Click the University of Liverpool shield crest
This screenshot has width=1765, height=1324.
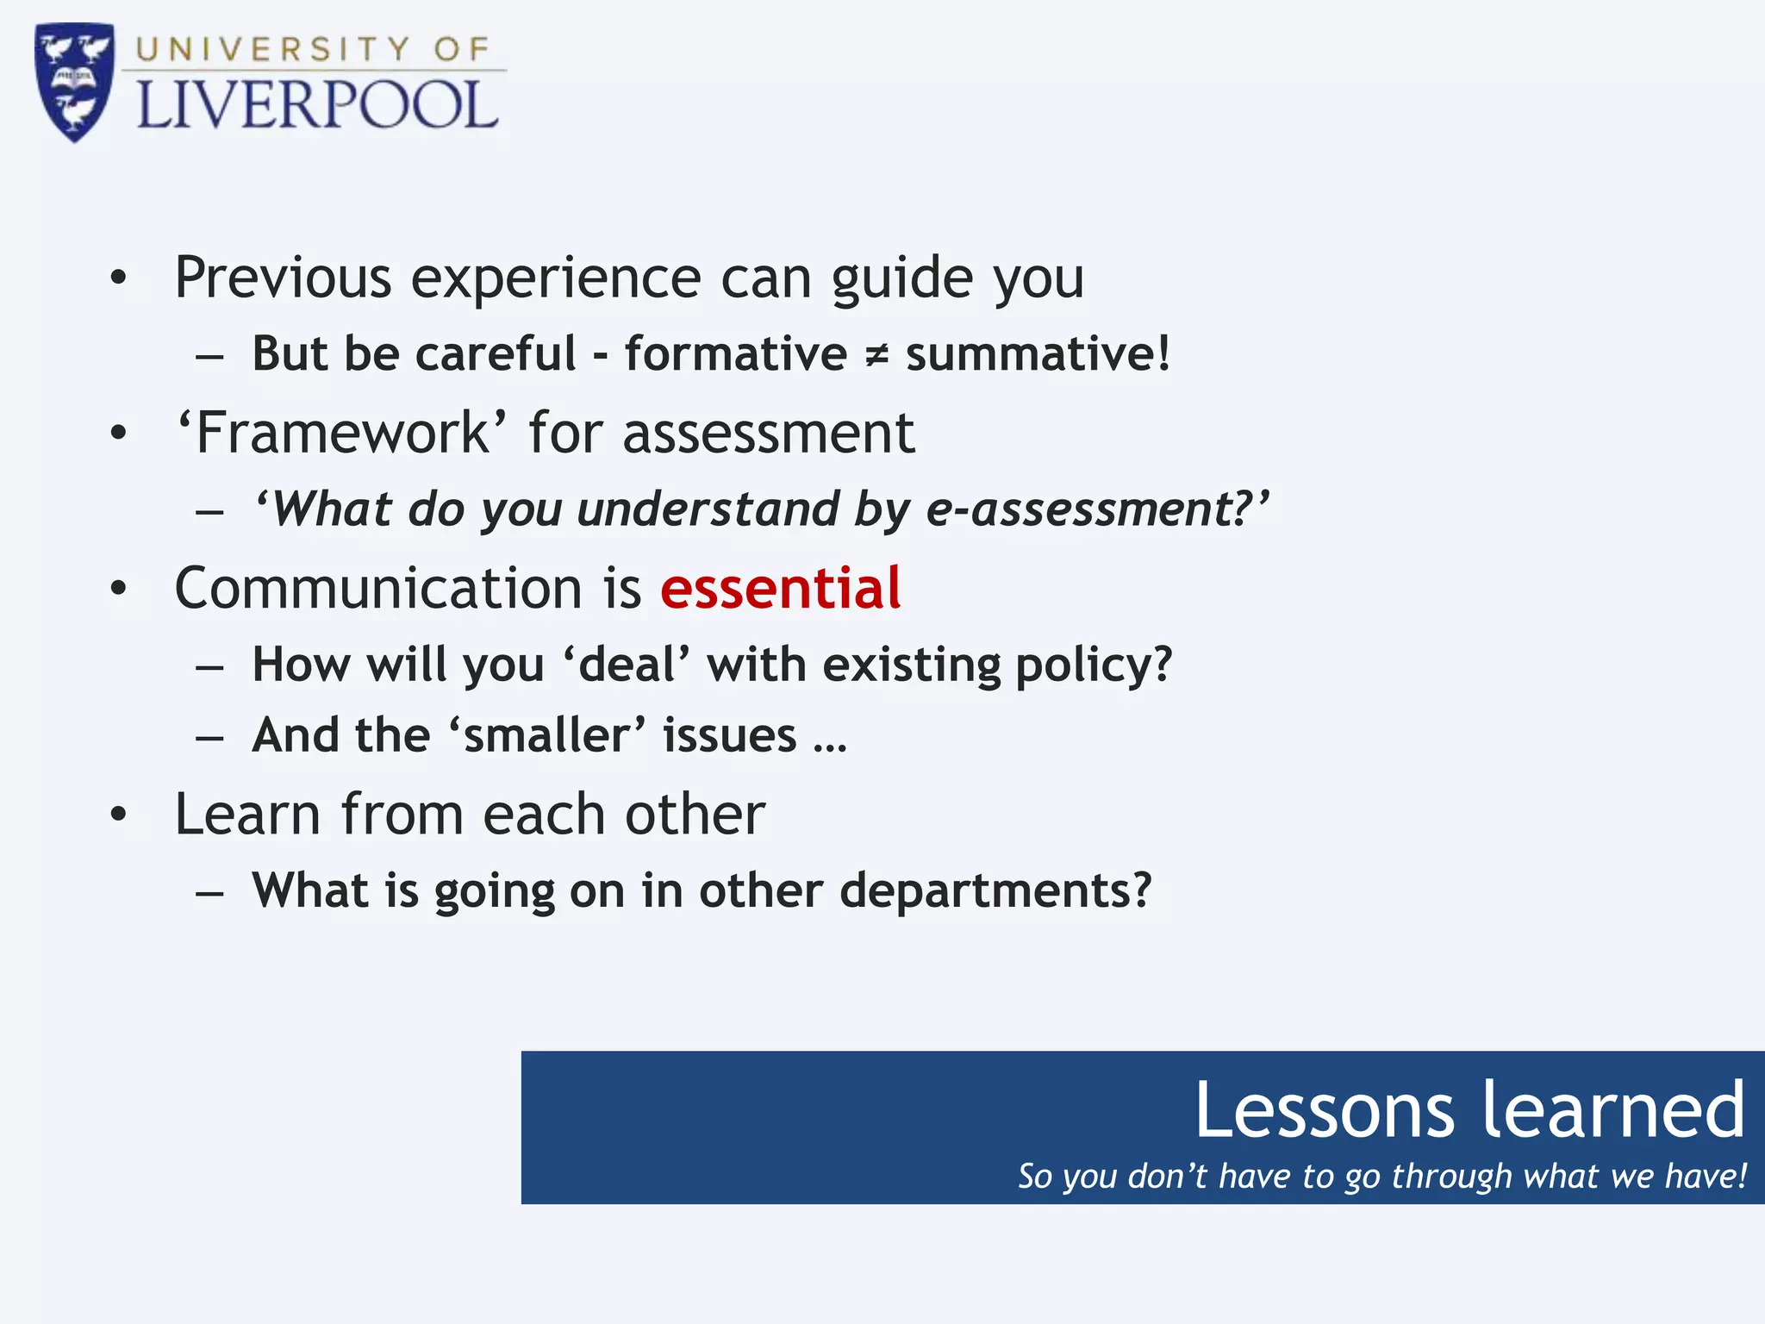[74, 81]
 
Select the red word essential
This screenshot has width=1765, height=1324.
[780, 589]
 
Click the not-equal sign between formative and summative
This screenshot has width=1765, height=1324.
[876, 355]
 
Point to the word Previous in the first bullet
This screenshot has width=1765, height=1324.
[283, 278]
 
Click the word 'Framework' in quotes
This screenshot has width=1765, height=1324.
[341, 433]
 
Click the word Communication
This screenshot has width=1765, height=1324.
[378, 589]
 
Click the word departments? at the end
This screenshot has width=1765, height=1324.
[995, 890]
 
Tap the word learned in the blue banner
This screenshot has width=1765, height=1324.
[1613, 1110]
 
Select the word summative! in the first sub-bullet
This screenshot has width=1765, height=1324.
[1038, 354]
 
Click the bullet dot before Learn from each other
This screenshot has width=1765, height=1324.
[119, 814]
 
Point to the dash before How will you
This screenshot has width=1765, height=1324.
[209, 667]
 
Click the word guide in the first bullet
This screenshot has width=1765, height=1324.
[901, 279]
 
